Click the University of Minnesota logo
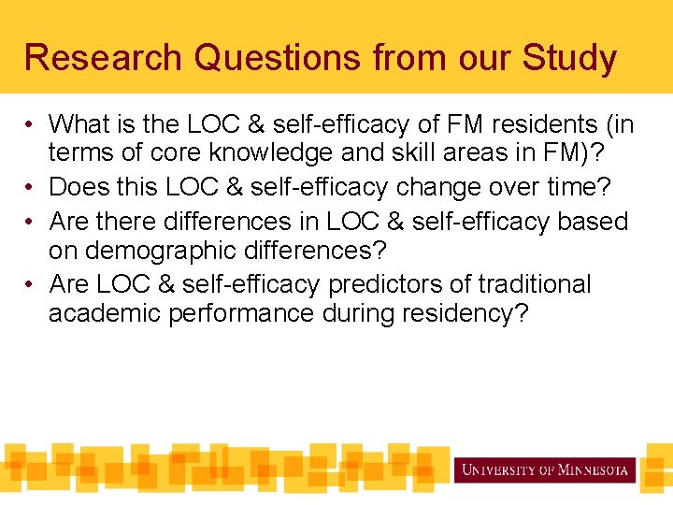coord(545,469)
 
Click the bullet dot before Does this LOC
coord(32,188)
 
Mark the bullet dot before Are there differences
coord(32,222)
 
